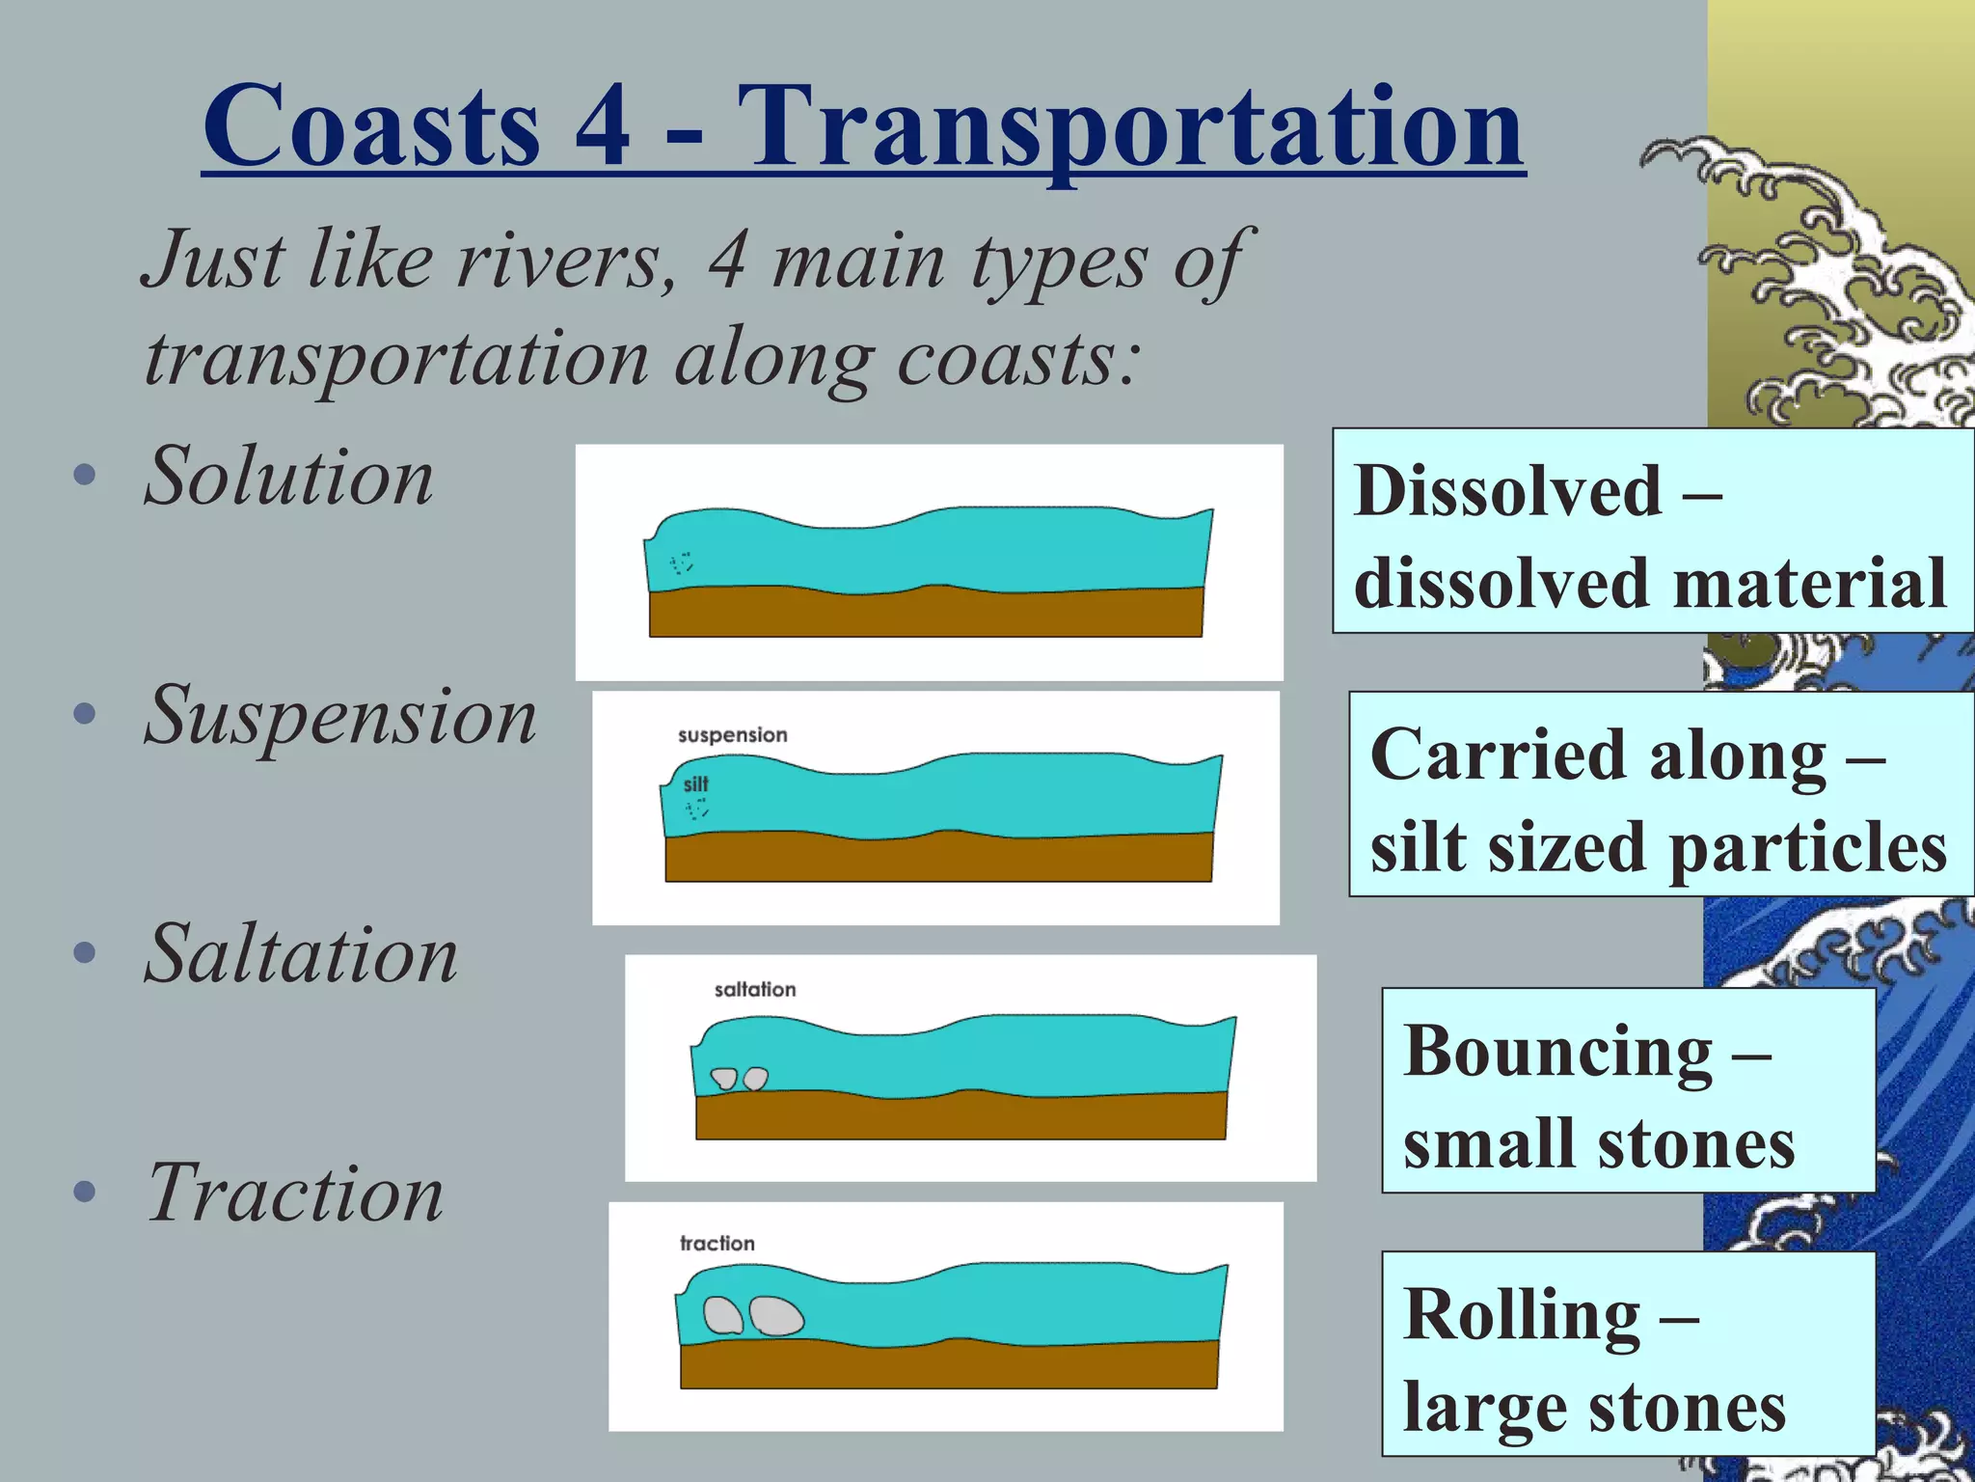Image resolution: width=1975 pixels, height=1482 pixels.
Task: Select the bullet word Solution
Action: point(288,476)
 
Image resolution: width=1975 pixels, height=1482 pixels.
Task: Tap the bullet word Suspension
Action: point(339,716)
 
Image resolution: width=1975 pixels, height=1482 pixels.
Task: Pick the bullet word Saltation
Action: point(301,954)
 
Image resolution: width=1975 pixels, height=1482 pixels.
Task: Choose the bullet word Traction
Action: point(295,1194)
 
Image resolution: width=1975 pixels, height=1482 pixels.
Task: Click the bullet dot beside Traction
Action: point(85,1193)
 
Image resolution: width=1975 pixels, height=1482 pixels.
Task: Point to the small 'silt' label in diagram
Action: point(695,784)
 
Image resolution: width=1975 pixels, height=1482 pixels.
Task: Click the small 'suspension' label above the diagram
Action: point(732,735)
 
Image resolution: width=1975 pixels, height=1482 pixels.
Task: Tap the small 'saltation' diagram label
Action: point(754,989)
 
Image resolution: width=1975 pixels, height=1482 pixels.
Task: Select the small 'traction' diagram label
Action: point(717,1244)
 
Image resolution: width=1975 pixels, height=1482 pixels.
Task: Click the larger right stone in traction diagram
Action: point(776,1316)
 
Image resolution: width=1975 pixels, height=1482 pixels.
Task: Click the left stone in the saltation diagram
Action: point(723,1078)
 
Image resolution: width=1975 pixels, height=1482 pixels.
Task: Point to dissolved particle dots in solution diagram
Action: point(682,563)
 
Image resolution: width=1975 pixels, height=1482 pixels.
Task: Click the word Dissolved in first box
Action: point(1506,491)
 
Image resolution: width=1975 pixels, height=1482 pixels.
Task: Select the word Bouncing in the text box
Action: point(1557,1051)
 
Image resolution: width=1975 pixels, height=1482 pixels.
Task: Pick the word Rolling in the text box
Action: point(1521,1314)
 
